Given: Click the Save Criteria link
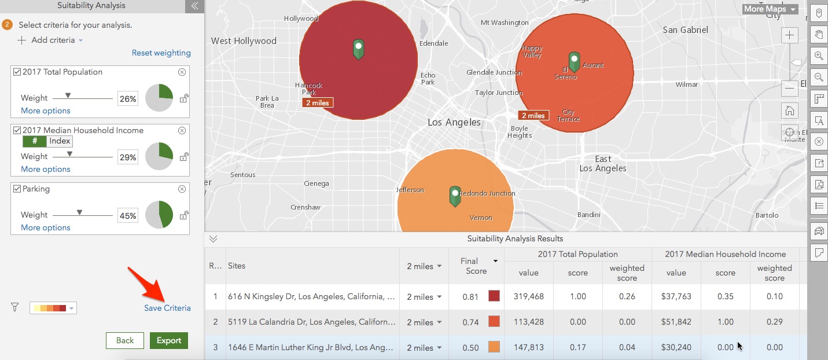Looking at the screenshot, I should coord(167,308).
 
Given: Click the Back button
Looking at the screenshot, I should coord(124,340).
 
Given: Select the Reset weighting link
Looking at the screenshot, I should coord(161,53).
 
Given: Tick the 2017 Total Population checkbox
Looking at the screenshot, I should coord(17,72).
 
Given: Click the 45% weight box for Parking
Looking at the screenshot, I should coord(127,216).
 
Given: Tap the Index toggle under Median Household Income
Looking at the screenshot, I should coord(60,141).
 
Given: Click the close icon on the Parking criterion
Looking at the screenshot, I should coord(182,189).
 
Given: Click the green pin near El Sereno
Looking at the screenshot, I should coord(574,61).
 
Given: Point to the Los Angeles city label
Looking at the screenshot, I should coord(454,122).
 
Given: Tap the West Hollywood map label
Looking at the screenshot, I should coord(244,41).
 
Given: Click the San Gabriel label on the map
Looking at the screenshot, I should coord(685,30).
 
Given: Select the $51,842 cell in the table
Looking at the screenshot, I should coord(676,322).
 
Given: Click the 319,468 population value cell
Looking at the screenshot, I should coord(528,296).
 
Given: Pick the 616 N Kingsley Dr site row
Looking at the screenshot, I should coord(311,296).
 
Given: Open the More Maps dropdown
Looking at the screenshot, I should coord(770,9).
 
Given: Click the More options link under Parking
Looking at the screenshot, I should coord(46,227).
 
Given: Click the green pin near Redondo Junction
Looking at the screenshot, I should coord(455,196).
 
